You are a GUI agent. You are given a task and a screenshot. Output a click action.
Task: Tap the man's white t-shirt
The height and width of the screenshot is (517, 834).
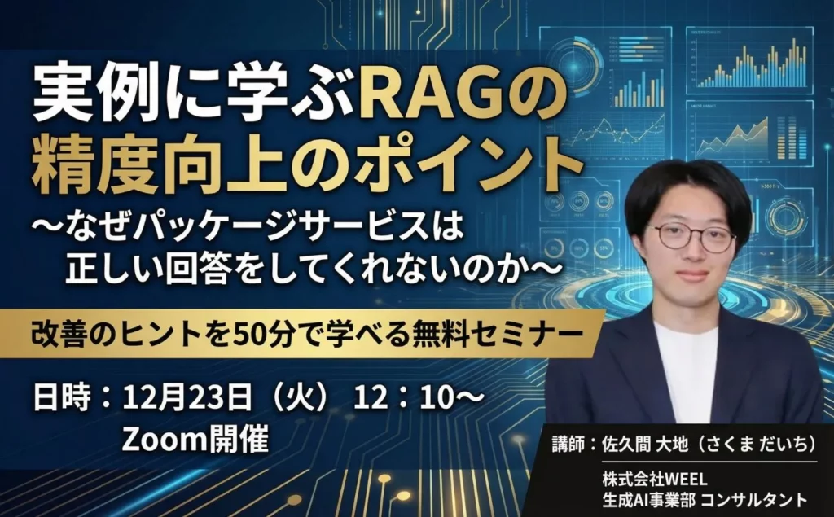coord(687,366)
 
